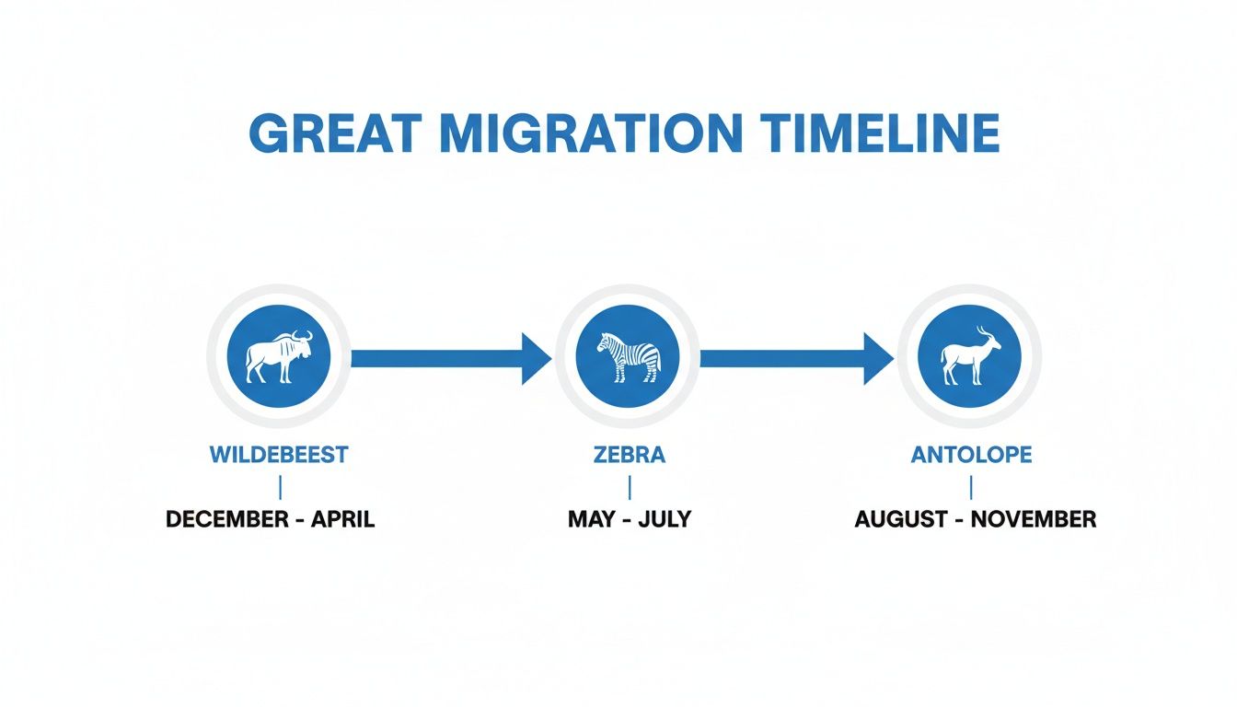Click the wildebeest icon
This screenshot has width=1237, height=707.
coord(278,357)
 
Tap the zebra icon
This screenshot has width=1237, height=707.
coord(628,357)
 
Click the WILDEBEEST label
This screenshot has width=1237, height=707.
coord(279,454)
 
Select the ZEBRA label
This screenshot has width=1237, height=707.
coord(630,454)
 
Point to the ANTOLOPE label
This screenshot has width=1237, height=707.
coord(971,454)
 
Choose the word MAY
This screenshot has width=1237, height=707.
coord(591,519)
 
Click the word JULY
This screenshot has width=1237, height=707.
coord(665,519)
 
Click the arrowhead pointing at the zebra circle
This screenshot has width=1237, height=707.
coord(536,358)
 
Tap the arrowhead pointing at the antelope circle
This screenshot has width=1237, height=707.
coord(877,358)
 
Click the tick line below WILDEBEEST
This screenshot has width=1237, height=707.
coord(279,486)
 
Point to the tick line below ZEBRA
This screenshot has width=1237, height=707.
coord(630,486)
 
